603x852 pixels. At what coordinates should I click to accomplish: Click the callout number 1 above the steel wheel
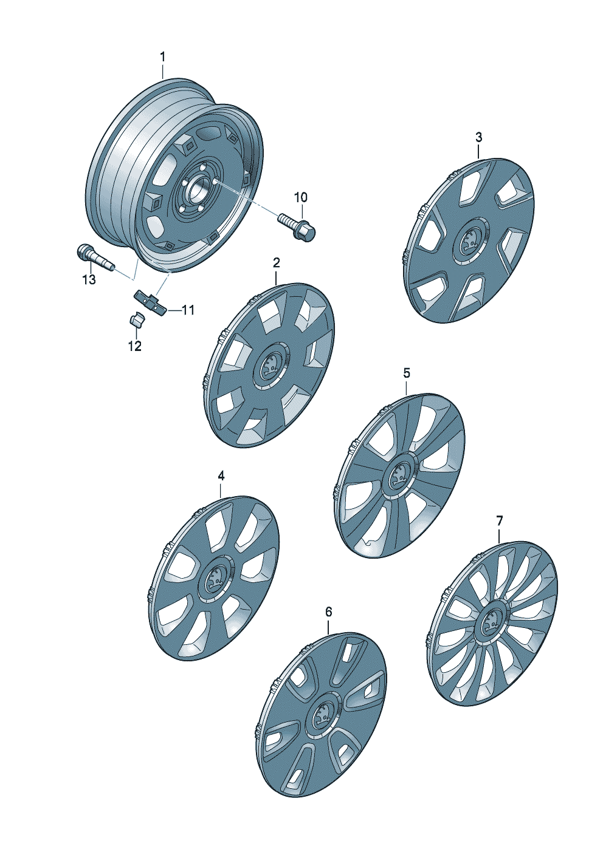click(162, 58)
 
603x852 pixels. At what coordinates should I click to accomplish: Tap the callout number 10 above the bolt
click(301, 197)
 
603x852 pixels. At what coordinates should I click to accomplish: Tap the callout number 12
click(135, 346)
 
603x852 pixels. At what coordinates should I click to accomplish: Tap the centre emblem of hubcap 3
click(470, 241)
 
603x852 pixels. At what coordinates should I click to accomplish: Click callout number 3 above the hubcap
click(478, 137)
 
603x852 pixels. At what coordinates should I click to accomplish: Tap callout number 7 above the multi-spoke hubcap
click(500, 520)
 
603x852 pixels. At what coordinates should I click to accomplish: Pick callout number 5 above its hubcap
click(407, 373)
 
